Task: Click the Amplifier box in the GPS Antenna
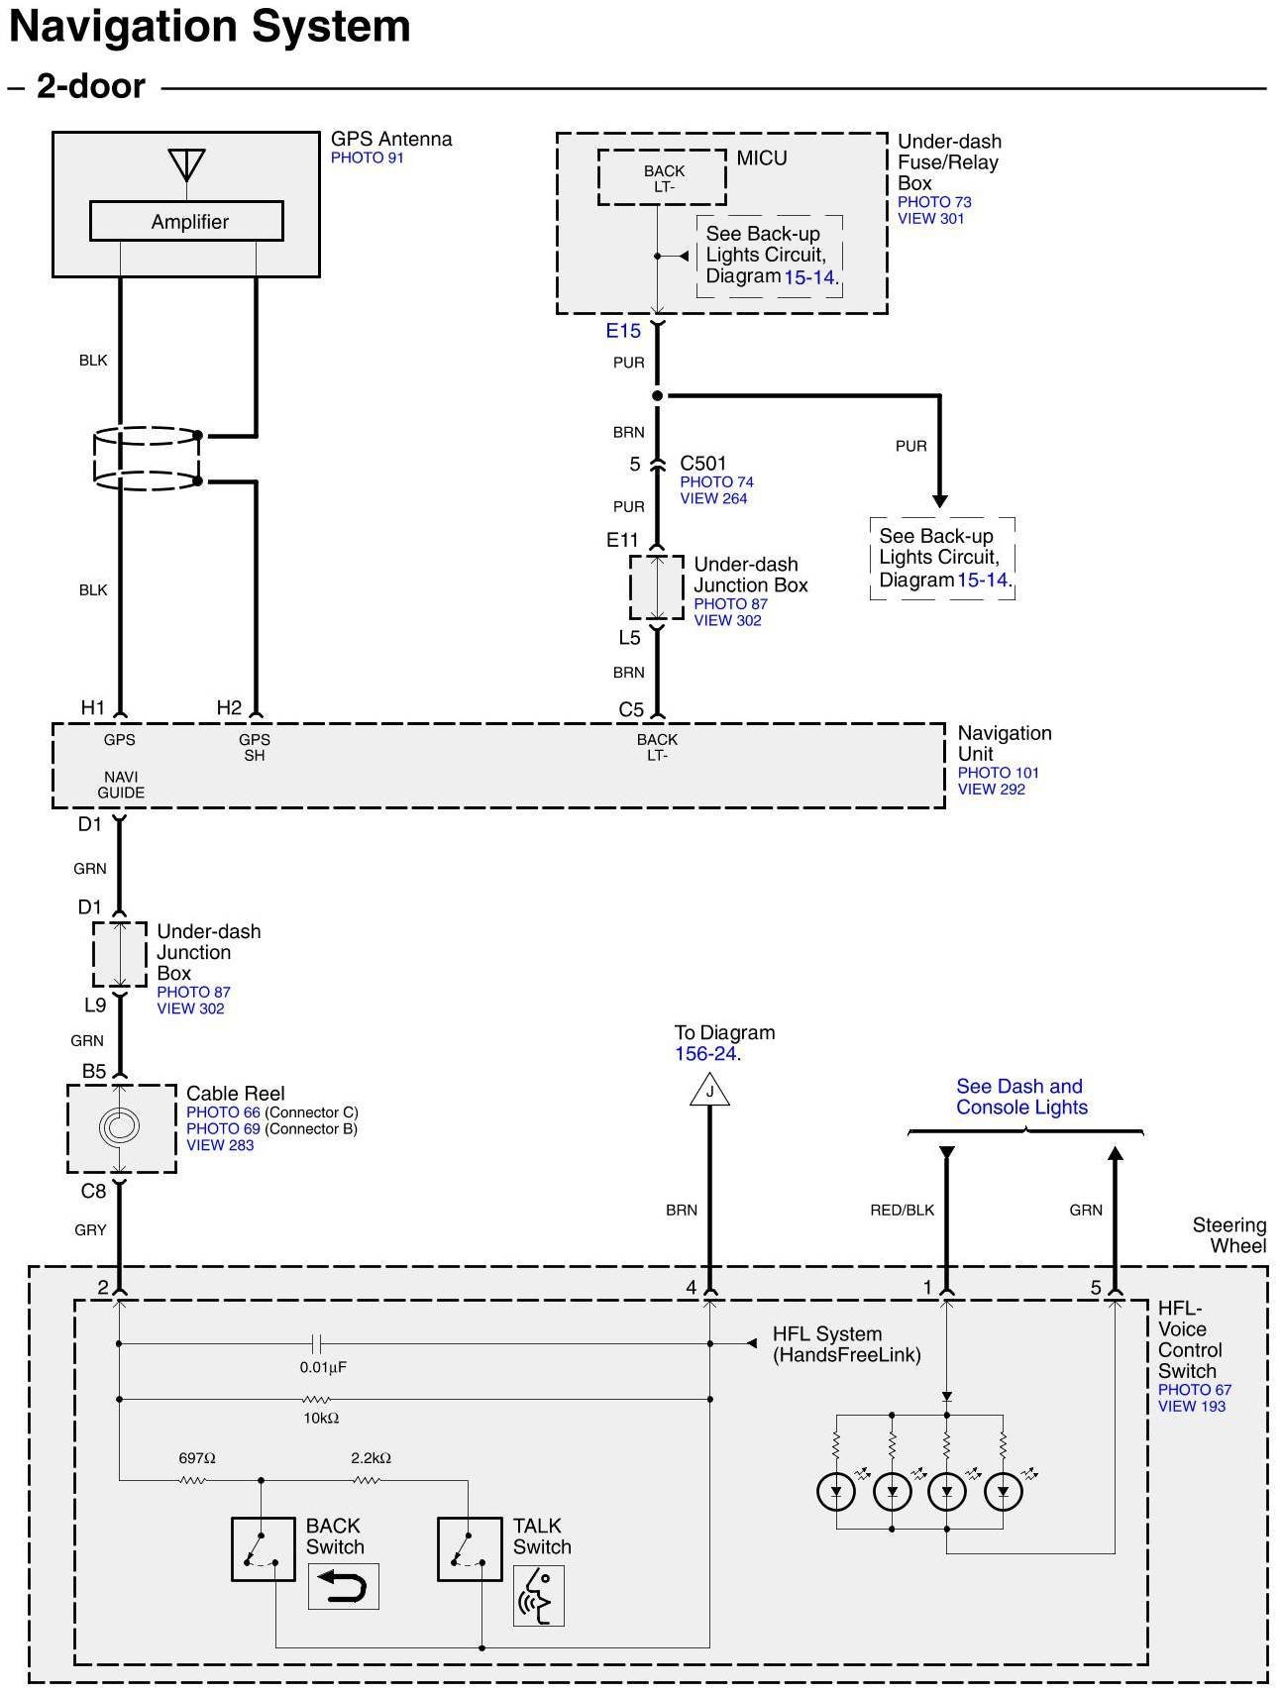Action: pyautogui.click(x=186, y=221)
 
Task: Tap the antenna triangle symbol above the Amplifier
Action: pyautogui.click(x=186, y=162)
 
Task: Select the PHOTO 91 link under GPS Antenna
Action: pyautogui.click(x=367, y=158)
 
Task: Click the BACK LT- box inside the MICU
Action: pyautogui.click(x=662, y=178)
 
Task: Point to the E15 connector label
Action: pyautogui.click(x=623, y=331)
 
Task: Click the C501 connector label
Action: pyautogui.click(x=703, y=463)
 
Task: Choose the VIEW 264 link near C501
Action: pyautogui.click(x=713, y=498)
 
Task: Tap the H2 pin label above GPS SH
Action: pyautogui.click(x=229, y=707)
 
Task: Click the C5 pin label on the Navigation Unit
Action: pyautogui.click(x=631, y=709)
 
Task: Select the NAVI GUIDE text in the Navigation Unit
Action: pyautogui.click(x=121, y=785)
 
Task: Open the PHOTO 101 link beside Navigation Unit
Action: pyautogui.click(x=998, y=773)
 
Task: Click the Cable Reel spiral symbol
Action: pyautogui.click(x=120, y=1126)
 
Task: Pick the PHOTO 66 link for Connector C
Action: pyautogui.click(x=223, y=1112)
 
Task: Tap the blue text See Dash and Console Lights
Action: pyautogui.click(x=1020, y=1097)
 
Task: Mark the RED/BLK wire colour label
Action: pyautogui.click(x=902, y=1210)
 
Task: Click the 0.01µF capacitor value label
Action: pyautogui.click(x=323, y=1367)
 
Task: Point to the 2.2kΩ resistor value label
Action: pyautogui.click(x=371, y=1458)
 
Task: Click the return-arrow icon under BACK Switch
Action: pyautogui.click(x=343, y=1587)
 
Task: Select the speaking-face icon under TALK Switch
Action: pyautogui.click(x=538, y=1595)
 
